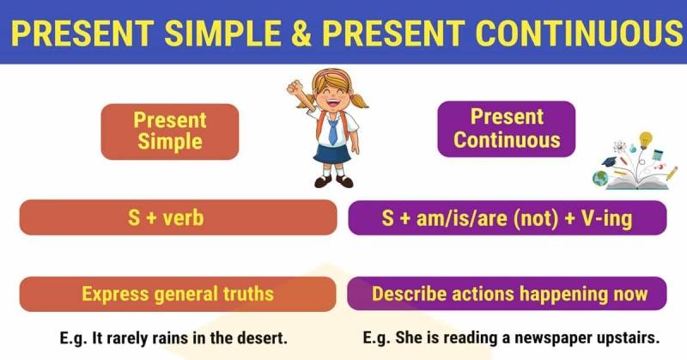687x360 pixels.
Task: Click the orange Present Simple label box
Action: click(169, 131)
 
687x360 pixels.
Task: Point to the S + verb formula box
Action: click(178, 218)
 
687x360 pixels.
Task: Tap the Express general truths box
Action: click(178, 294)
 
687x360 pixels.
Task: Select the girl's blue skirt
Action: click(333, 153)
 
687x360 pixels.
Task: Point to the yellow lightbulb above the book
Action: click(644, 138)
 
